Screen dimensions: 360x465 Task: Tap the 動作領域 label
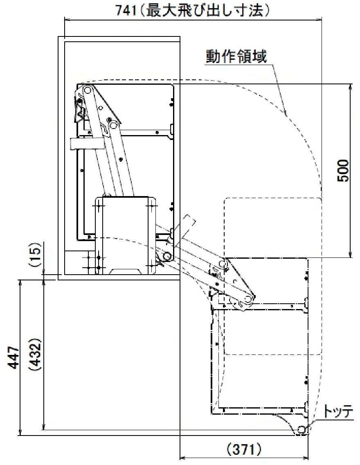(x=236, y=56)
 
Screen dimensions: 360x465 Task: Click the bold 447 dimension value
(x=13, y=358)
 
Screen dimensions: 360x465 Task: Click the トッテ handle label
(x=337, y=412)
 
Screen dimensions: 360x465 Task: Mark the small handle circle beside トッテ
(x=301, y=429)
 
